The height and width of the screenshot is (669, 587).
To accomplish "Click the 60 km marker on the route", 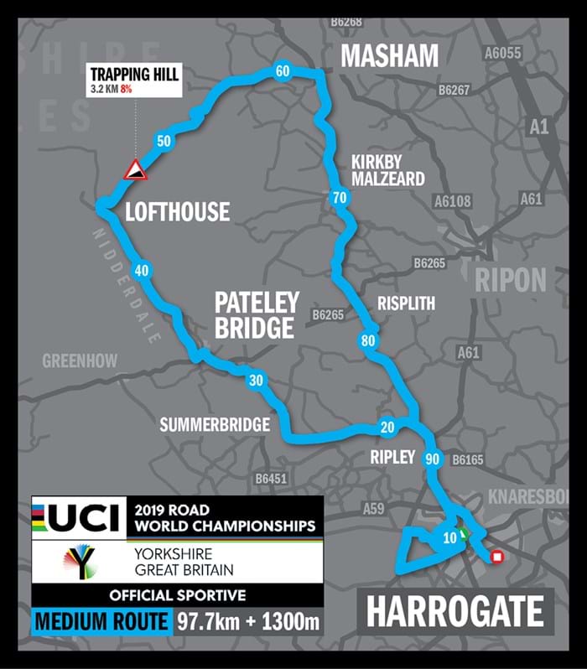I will [282, 71].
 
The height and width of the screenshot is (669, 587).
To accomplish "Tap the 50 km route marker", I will [164, 141].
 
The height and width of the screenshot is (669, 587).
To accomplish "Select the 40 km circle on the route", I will [141, 270].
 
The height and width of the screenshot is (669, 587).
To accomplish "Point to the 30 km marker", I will [257, 381].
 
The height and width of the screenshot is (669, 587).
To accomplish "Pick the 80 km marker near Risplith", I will [367, 341].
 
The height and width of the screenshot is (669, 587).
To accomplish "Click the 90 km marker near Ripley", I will [433, 459].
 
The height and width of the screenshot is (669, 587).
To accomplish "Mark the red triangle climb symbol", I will [135, 170].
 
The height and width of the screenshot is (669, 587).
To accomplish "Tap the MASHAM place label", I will [389, 56].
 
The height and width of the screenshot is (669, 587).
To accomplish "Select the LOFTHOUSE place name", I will [177, 211].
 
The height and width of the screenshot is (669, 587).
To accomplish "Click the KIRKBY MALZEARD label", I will [387, 171].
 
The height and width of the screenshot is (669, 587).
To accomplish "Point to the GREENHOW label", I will [80, 361].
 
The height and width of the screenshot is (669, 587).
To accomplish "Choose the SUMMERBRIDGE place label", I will [215, 425].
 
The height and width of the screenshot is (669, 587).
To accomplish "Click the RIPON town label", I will [511, 280].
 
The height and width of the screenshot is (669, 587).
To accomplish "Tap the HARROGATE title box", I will [455, 611].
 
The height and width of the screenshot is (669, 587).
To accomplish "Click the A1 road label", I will [539, 127].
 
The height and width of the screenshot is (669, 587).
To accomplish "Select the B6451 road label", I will [271, 479].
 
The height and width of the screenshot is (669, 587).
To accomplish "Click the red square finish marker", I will [496, 555].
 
